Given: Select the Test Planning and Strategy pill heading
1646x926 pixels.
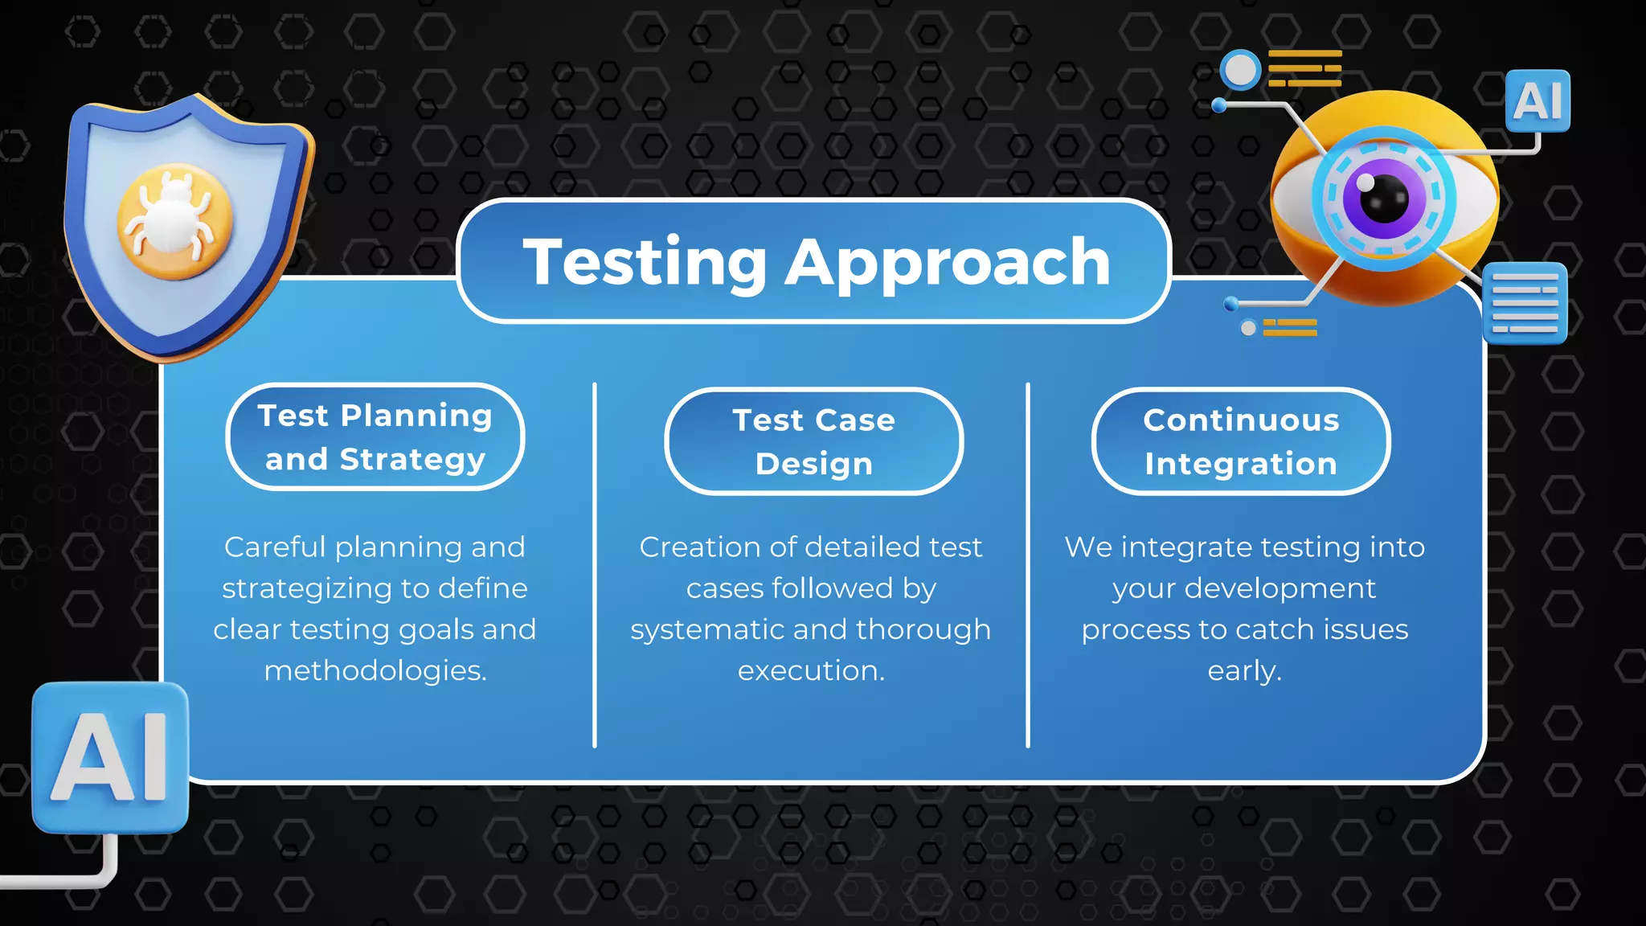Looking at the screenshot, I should (x=375, y=436).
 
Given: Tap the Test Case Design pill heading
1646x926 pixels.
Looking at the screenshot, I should (x=813, y=441).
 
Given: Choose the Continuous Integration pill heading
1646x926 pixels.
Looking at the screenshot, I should (x=1241, y=441).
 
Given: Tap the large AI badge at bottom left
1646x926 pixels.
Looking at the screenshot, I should (x=110, y=756).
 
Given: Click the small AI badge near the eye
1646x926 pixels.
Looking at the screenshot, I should (x=1537, y=101).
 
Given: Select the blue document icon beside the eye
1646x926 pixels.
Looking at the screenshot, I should (x=1525, y=303).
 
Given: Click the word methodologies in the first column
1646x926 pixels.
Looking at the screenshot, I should (x=375, y=670).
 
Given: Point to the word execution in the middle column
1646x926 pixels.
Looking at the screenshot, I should (x=810, y=670).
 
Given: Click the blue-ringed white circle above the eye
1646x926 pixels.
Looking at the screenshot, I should (x=1240, y=70).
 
